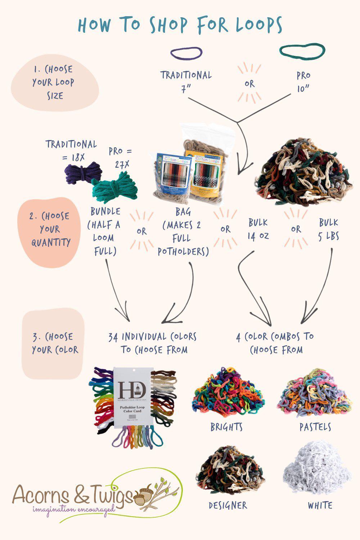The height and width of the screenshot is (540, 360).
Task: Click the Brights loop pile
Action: coord(228,394)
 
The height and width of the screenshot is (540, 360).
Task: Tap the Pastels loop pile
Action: coord(314,394)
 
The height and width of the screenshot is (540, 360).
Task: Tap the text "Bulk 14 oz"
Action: coord(258,229)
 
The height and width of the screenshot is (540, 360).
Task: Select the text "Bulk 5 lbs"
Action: coord(328,229)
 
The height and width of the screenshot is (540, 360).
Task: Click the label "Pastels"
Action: coord(315,427)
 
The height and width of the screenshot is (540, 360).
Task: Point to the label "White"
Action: coord(320,505)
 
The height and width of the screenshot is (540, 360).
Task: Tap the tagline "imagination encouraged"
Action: coord(74,510)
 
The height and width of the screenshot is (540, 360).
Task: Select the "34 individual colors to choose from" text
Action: coord(153,343)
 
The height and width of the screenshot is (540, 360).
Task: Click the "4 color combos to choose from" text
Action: coord(275,343)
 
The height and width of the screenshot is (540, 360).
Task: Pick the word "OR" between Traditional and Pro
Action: coord(249,84)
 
